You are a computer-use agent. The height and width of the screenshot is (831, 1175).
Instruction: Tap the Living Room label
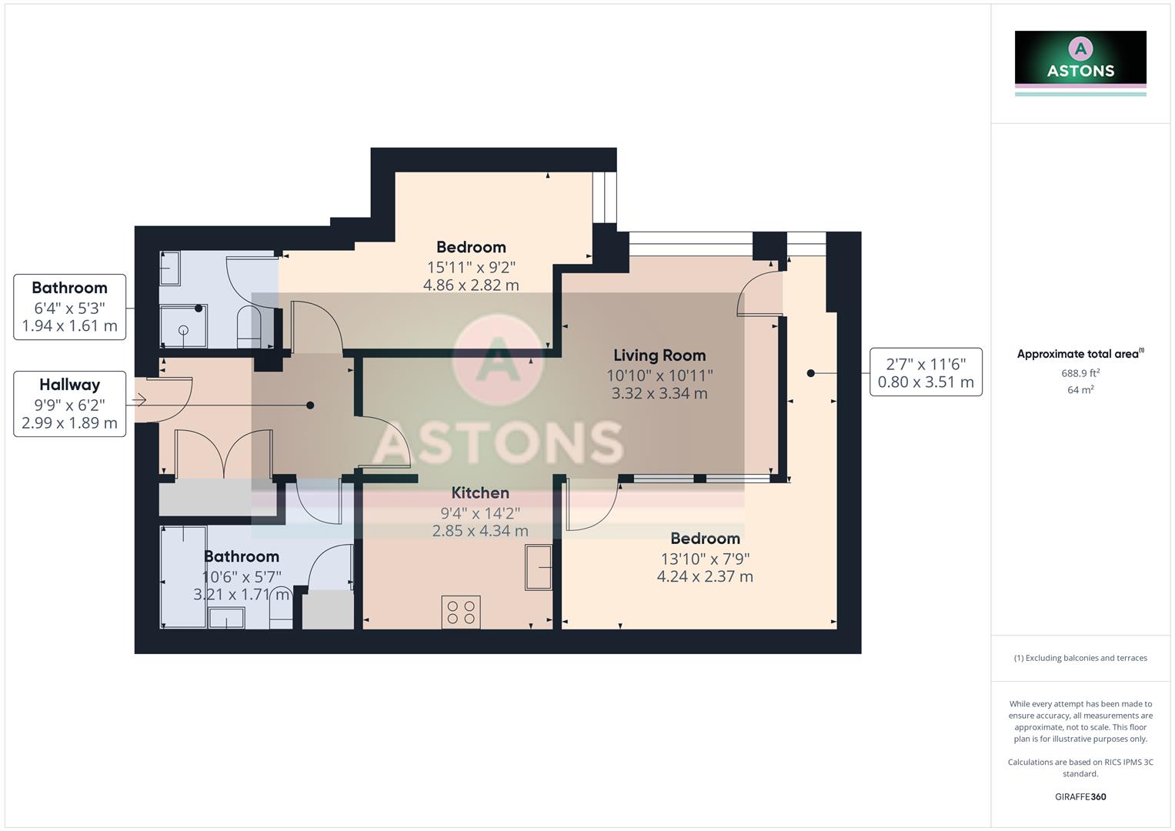click(659, 355)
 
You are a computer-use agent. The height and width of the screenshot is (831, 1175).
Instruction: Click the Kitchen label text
click(480, 493)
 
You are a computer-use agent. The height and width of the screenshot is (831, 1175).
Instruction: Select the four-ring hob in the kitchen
click(461, 612)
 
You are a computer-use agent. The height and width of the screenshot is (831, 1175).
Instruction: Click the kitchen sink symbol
click(539, 567)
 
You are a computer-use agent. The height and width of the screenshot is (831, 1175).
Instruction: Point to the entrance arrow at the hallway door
click(140, 400)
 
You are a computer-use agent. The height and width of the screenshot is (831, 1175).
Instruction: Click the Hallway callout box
click(70, 404)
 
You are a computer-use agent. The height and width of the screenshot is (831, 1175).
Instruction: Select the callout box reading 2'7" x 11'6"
click(926, 372)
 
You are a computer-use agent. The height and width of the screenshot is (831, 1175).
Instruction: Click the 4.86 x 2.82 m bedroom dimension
click(471, 285)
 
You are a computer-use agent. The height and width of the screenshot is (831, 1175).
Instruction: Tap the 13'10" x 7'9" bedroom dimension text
click(705, 559)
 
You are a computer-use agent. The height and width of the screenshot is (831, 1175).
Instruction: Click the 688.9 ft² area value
click(1080, 373)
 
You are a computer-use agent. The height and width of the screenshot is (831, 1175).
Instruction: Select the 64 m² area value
click(1080, 390)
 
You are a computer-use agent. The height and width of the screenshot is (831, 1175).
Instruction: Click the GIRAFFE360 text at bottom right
click(1080, 797)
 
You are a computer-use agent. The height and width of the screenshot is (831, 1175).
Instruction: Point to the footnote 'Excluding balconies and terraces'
click(1080, 658)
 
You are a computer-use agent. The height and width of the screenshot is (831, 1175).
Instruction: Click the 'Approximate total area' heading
click(1079, 354)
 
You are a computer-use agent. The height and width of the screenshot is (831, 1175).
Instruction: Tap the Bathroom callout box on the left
click(70, 307)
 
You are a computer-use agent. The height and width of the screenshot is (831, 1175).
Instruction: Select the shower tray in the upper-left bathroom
click(183, 326)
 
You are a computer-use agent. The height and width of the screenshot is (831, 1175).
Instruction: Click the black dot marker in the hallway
click(310, 405)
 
